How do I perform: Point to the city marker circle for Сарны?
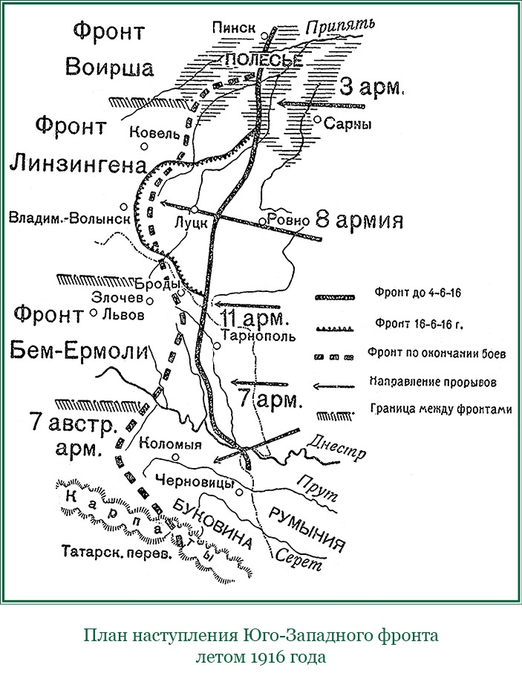pos(317,119)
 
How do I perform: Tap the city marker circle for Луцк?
pos(193,209)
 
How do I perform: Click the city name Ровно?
pos(287,221)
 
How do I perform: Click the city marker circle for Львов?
pos(94,313)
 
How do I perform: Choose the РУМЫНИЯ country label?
pos(307,528)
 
